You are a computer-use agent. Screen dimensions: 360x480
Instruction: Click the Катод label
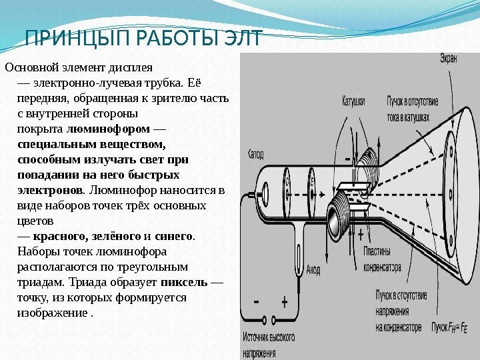(x=256, y=153)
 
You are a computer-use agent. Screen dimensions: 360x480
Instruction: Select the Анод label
(x=313, y=271)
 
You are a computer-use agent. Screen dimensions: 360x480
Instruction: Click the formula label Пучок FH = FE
(x=451, y=327)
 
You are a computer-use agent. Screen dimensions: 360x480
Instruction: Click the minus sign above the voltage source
(x=257, y=301)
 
